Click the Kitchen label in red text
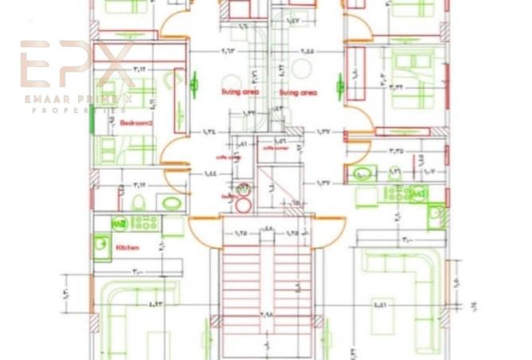click(127, 248)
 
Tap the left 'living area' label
click(240, 92)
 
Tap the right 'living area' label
click(298, 92)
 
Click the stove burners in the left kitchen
click(144, 223)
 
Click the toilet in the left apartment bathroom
click(137, 201)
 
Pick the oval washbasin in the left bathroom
click(170, 202)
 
